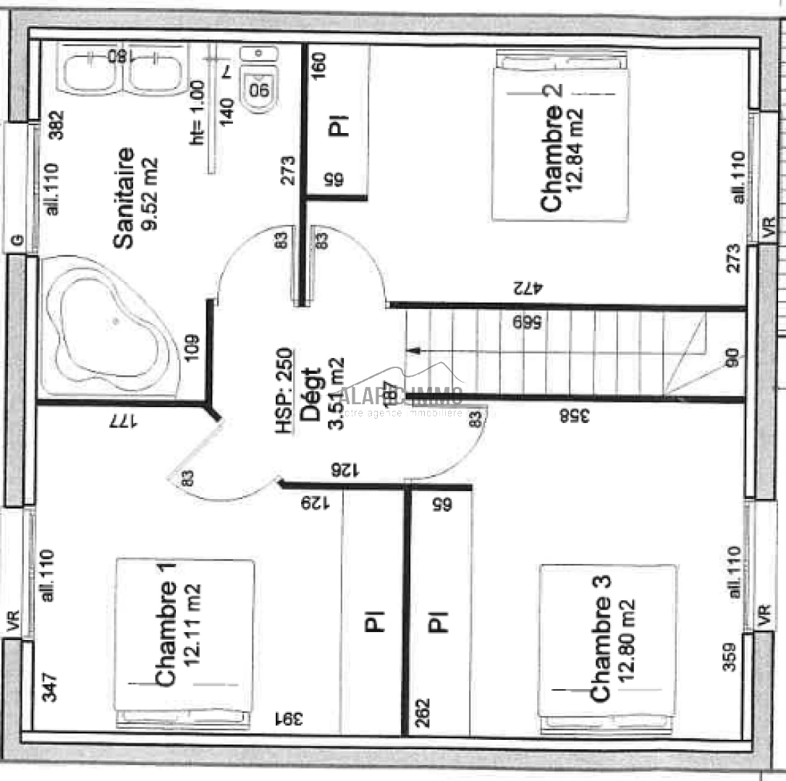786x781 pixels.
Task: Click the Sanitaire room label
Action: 124,198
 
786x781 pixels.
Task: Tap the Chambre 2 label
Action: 551,158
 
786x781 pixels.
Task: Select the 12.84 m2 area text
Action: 576,149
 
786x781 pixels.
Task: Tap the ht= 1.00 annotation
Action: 197,112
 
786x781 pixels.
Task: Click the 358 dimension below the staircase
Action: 575,415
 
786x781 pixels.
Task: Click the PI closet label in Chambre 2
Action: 338,124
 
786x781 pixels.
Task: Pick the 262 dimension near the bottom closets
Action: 422,714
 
